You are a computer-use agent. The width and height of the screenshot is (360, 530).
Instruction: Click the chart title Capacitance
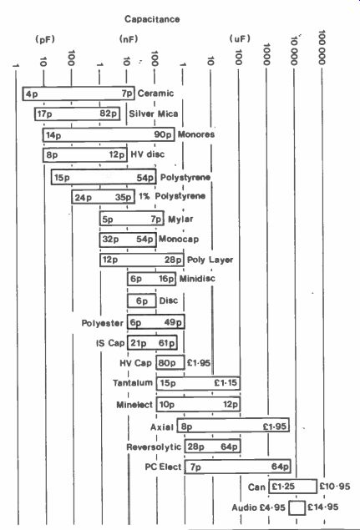tap(152, 19)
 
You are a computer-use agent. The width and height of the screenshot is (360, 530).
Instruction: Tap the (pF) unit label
tap(45, 39)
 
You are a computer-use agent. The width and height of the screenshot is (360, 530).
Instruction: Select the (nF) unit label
tap(129, 39)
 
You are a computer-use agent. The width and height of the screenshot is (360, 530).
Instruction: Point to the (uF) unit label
tap(240, 39)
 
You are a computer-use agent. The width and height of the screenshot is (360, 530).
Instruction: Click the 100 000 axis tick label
tap(322, 47)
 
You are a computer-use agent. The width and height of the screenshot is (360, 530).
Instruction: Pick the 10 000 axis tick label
tap(294, 51)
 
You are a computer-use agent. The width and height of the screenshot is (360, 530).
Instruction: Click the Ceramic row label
tap(155, 93)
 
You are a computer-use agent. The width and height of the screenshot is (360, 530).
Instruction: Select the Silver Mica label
tap(153, 114)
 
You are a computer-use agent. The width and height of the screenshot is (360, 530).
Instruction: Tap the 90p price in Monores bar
tap(163, 134)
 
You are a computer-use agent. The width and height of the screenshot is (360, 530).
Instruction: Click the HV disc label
tap(148, 154)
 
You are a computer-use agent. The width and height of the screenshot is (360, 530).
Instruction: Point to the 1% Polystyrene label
tap(172, 196)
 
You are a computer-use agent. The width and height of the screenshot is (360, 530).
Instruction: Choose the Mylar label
tap(180, 219)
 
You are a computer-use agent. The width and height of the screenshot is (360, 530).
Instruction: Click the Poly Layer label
tap(210, 260)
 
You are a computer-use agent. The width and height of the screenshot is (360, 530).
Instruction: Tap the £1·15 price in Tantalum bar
tap(226, 383)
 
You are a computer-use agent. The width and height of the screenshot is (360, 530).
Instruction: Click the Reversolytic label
tap(154, 447)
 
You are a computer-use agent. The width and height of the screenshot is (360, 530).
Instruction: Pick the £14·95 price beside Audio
tap(322, 507)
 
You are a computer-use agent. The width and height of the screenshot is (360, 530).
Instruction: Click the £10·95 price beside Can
tap(335, 487)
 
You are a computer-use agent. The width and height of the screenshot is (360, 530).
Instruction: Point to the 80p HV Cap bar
tap(170, 363)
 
